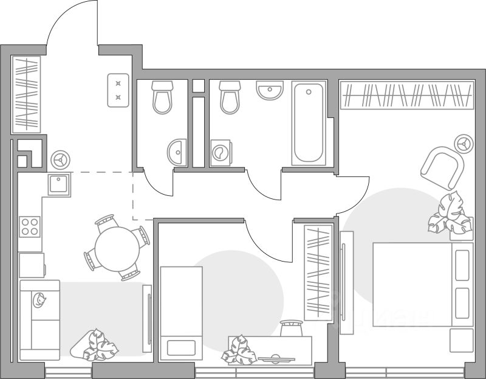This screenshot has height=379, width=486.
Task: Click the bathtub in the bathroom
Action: [309, 123]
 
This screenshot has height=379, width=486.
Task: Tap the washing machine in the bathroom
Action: [221, 153]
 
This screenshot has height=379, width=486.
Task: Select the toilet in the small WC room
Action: [162, 97]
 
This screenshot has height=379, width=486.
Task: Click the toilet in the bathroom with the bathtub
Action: [230, 97]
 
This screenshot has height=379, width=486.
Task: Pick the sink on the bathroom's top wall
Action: [270, 91]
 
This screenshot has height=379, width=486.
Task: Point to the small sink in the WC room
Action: [178, 150]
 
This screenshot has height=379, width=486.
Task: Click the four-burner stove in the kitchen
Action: [30, 226]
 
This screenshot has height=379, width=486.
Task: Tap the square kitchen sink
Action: [60, 184]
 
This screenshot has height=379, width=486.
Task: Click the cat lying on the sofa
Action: [41, 299]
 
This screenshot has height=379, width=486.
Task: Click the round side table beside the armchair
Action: [465, 143]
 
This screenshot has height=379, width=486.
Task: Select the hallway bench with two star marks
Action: [118, 90]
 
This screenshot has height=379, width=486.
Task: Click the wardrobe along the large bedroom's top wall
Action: [407, 94]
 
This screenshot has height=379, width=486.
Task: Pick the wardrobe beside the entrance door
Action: [26, 94]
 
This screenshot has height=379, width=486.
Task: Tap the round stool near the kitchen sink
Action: [61, 159]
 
